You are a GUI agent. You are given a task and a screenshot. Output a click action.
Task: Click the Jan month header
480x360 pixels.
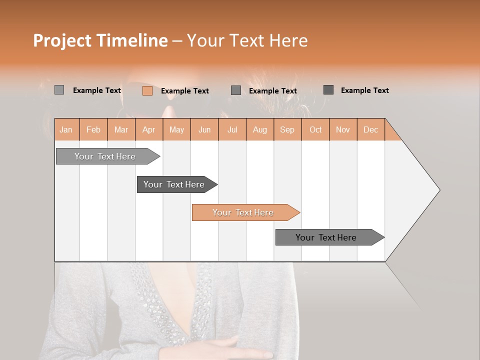pos(66,129)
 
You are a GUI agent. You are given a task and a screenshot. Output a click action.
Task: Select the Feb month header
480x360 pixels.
pos(93,129)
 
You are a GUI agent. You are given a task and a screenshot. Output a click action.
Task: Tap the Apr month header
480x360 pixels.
pos(148,129)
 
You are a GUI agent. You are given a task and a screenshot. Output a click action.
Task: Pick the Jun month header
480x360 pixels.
pos(204,129)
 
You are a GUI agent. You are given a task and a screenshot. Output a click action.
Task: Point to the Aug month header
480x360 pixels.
pos(259,129)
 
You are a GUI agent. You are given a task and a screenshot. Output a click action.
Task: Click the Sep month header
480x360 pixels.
pos(287,129)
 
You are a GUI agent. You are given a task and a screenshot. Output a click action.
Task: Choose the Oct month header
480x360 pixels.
pos(315,129)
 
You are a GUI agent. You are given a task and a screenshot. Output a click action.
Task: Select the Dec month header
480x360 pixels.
pos(370,129)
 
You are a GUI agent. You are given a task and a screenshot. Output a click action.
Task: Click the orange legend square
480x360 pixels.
pos(147,90)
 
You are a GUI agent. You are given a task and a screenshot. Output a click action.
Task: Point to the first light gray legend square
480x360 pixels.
pos(59,90)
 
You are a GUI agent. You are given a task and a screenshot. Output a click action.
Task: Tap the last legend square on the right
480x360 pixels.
pos(328,90)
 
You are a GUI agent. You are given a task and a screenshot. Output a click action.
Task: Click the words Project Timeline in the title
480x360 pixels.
pos(100,40)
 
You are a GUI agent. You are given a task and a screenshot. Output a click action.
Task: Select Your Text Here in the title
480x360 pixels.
pos(247,40)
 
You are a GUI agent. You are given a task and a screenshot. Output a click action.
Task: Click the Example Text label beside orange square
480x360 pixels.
pos(184,91)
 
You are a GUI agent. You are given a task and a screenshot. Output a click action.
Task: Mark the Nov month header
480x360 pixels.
pos(342,129)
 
